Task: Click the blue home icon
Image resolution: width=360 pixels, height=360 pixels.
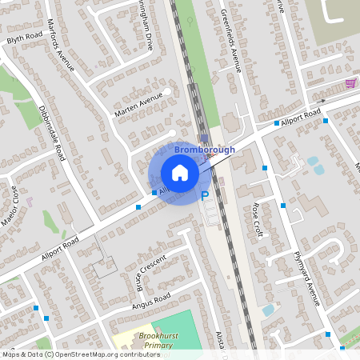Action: pyautogui.click(x=180, y=173)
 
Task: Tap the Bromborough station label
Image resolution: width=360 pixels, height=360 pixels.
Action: pyautogui.click(x=205, y=150)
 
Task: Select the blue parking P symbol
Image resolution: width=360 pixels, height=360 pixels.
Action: pyautogui.click(x=205, y=195)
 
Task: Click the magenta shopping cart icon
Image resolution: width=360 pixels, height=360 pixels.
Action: pyautogui.click(x=350, y=82)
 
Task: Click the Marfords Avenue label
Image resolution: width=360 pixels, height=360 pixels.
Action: pyautogui.click(x=61, y=45)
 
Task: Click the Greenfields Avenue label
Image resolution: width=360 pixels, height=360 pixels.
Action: pyautogui.click(x=230, y=40)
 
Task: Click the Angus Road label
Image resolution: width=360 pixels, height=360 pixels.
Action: pyautogui.click(x=151, y=301)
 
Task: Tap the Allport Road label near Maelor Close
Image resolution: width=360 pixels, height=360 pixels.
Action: pyautogui.click(x=60, y=250)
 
